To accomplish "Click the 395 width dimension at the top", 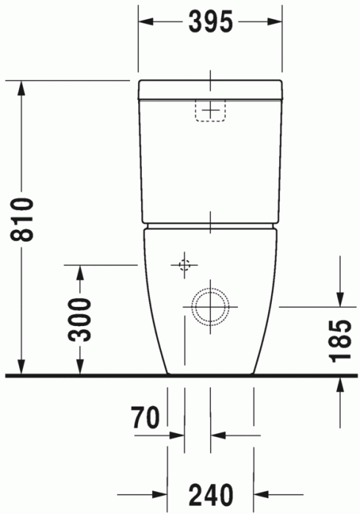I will click(210, 22).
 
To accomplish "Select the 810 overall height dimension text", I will click(23, 219).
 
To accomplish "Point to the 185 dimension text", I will click(339, 341).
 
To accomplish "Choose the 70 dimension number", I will click(146, 418).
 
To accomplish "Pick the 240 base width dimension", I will click(211, 493).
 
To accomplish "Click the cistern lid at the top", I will click(210, 88).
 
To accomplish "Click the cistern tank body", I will click(210, 162).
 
